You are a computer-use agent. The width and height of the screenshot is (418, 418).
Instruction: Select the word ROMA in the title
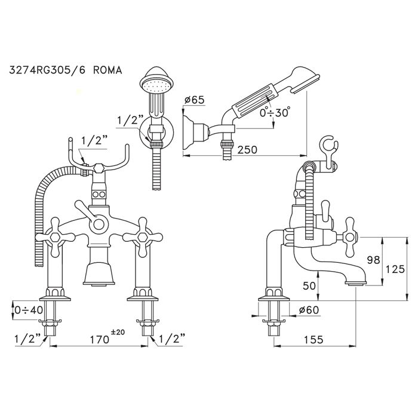[107, 70]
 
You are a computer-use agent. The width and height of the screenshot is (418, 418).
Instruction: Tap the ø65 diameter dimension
[194, 100]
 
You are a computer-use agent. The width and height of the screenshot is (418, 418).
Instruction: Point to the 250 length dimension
[247, 149]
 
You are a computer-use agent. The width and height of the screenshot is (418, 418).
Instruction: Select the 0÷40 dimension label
[29, 310]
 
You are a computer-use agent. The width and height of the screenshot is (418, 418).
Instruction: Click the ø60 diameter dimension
[309, 310]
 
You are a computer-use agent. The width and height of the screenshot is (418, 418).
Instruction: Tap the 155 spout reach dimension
[314, 340]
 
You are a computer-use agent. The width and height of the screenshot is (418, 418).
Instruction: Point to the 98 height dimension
[373, 260]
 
